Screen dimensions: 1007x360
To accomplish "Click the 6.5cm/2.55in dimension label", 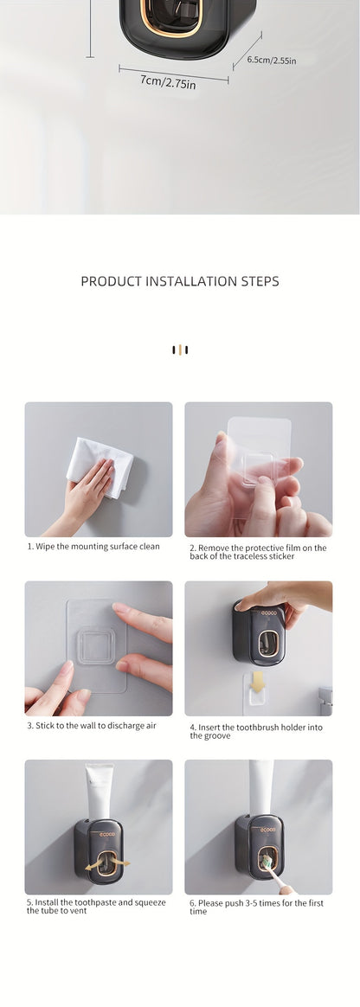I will click(272, 60).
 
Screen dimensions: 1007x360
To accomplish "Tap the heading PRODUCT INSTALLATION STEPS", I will click(180, 281).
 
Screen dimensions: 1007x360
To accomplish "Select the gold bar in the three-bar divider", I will click(180, 350).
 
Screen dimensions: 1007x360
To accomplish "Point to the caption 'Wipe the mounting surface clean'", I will click(93, 547).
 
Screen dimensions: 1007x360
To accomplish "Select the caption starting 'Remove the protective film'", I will click(258, 552).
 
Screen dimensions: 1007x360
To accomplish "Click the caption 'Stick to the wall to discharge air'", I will click(91, 725).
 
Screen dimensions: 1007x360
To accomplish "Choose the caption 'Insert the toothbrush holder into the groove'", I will click(256, 731).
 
